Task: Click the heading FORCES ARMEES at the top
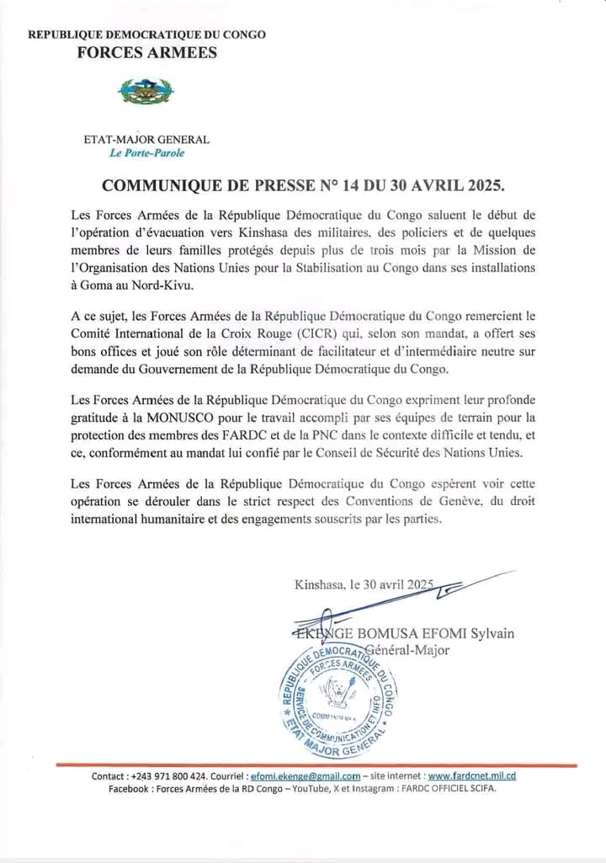click(147, 53)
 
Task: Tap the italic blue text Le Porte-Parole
click(147, 153)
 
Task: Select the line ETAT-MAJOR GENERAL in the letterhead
click(147, 140)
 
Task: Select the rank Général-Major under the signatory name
click(406, 649)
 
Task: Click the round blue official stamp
click(338, 699)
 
